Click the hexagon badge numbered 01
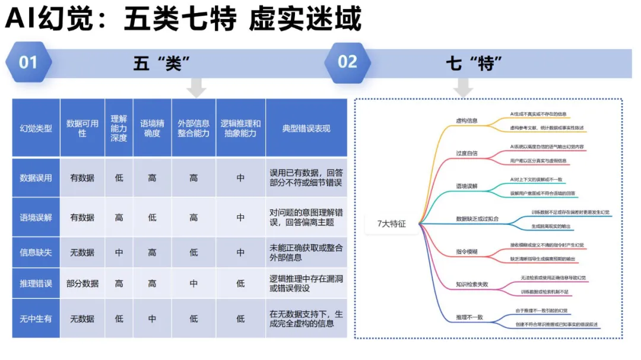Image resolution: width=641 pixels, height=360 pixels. pyautogui.click(x=28, y=62)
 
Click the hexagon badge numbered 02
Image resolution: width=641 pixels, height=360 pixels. pyautogui.click(x=347, y=62)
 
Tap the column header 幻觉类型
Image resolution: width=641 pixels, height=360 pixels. pyautogui.click(x=36, y=128)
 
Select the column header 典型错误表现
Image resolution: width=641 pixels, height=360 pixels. pyautogui.click(x=306, y=128)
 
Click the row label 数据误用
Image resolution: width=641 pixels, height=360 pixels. pyautogui.click(x=36, y=177)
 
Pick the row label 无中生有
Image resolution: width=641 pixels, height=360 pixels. pyautogui.click(x=36, y=318)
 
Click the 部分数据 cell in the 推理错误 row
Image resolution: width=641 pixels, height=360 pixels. pyautogui.click(x=82, y=283)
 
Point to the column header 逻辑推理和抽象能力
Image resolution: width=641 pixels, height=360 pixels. pyautogui.click(x=240, y=128)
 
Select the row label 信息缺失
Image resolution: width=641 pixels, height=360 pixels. pyautogui.click(x=36, y=252)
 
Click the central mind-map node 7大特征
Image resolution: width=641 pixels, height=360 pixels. pyautogui.click(x=392, y=224)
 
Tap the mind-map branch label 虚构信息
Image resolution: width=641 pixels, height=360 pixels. pyautogui.click(x=467, y=120)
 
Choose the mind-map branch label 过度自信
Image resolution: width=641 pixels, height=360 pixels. pyautogui.click(x=467, y=153)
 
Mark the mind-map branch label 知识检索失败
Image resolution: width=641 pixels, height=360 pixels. pyautogui.click(x=472, y=284)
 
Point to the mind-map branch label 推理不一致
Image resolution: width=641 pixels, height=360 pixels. pyautogui.click(x=469, y=317)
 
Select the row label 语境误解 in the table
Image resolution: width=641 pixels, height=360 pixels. pyautogui.click(x=36, y=217)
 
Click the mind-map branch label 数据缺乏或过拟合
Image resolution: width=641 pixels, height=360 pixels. pyautogui.click(x=477, y=218)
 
